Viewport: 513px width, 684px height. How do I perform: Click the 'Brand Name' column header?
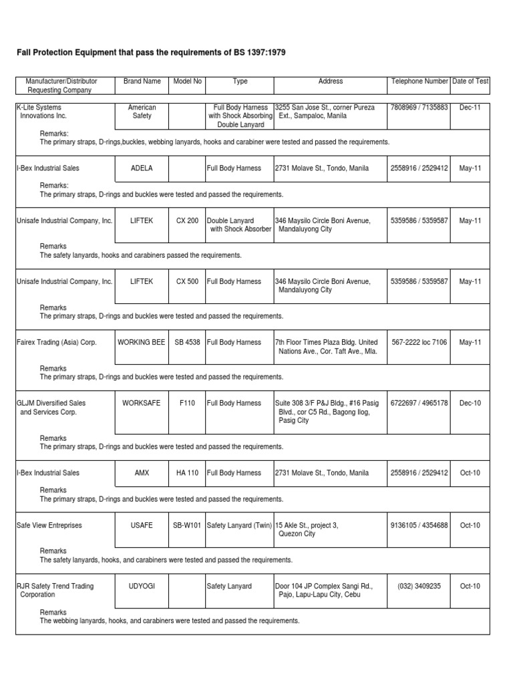point(142,81)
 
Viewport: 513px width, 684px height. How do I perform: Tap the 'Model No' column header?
point(187,81)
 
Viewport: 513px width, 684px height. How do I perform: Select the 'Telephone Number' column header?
point(419,81)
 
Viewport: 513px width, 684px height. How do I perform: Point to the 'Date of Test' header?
point(470,81)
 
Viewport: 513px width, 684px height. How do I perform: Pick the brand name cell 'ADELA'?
point(142,168)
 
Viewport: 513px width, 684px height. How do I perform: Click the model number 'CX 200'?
point(187,220)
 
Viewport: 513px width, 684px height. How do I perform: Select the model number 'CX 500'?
point(187,282)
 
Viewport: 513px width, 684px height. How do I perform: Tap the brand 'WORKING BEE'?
point(142,343)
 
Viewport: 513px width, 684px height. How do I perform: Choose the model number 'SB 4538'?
point(187,343)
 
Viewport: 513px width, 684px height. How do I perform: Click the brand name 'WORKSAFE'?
point(142,403)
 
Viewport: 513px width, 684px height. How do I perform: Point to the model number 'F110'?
point(187,403)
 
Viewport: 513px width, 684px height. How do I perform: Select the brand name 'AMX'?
point(142,473)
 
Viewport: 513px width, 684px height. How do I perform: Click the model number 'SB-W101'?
point(187,526)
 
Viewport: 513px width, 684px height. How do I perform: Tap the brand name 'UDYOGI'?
point(142,586)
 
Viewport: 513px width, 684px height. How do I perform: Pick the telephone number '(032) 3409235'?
point(419,586)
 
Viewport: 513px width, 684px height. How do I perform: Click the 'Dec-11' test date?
point(470,108)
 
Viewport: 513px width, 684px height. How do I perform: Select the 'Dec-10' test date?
point(470,403)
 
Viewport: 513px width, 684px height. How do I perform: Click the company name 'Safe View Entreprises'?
point(49,526)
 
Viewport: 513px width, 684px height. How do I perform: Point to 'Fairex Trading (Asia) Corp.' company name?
point(56,343)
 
